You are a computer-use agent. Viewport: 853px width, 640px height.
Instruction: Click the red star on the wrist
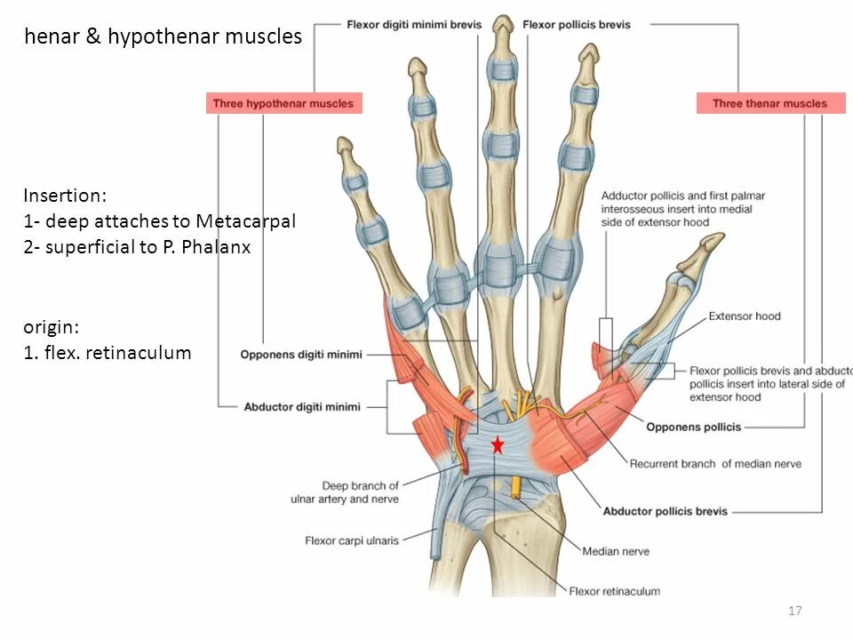498,445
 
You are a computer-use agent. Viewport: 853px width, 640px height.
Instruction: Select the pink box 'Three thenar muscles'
769,103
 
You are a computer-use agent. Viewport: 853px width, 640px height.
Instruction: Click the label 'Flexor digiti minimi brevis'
414,25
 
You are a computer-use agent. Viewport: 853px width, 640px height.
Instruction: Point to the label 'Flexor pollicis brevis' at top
577,25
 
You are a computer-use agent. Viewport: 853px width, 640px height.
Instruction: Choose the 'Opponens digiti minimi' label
301,355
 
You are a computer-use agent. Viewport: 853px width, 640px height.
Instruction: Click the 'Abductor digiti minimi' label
302,407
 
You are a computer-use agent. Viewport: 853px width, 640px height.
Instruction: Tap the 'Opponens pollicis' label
693,427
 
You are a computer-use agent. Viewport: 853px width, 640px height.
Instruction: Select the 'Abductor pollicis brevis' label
665,511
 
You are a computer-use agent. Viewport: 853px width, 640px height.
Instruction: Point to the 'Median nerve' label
616,551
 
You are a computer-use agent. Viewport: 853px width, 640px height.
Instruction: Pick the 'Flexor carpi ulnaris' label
352,540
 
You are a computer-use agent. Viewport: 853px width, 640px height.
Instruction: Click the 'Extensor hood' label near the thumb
745,316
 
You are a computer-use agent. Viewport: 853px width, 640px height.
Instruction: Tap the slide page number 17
794,610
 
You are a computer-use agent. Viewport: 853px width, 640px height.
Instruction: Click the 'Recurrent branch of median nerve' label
715,463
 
